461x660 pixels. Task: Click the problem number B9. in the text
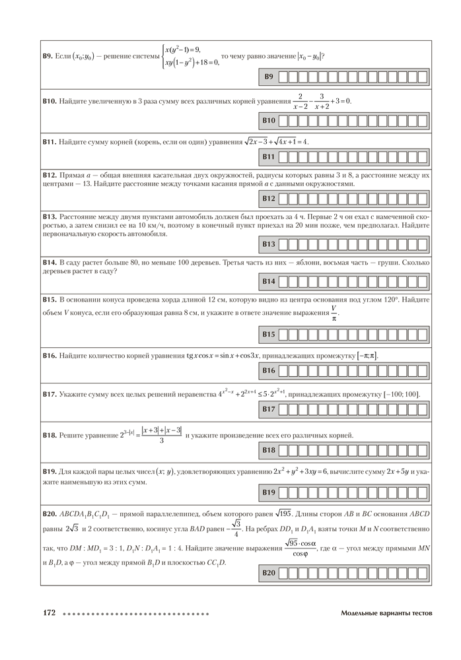tap(48, 57)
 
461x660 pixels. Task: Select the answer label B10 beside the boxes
tap(269, 121)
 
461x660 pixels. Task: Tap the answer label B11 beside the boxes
tap(269, 157)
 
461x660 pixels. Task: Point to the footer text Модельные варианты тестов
tap(386, 613)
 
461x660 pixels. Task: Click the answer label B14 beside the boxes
tap(269, 281)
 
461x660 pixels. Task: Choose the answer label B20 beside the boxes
tap(269, 574)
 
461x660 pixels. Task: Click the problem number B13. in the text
tap(50, 216)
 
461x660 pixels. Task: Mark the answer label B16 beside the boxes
tap(269, 371)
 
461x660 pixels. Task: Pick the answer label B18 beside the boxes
tap(269, 450)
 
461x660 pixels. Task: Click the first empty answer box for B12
tap(283, 198)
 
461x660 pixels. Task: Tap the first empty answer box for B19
tap(283, 492)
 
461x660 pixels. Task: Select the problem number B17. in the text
tap(50, 395)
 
